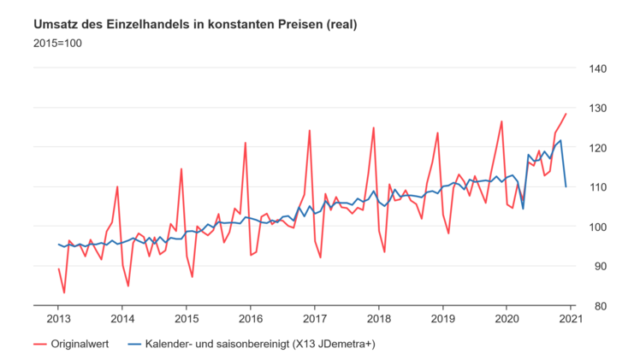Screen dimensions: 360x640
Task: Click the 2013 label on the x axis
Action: point(59,319)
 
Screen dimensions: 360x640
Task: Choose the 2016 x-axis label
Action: point(251,319)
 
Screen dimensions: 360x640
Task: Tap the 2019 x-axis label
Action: point(442,319)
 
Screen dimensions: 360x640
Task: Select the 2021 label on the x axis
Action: point(571,319)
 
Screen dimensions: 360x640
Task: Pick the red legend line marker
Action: point(39,344)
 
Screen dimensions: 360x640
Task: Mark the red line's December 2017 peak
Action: point(374,127)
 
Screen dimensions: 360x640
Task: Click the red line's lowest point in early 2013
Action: point(64,292)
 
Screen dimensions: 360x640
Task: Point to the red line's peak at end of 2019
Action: point(501,121)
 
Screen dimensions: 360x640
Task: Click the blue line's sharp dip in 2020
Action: point(523,209)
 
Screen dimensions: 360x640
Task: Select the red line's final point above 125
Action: point(566,114)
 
